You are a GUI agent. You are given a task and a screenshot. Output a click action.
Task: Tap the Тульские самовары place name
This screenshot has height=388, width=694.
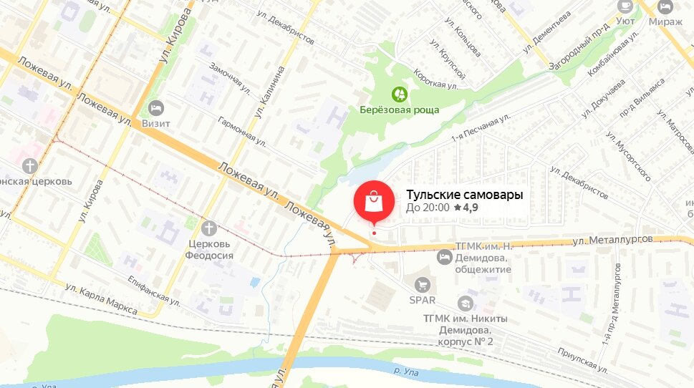(x=465, y=194)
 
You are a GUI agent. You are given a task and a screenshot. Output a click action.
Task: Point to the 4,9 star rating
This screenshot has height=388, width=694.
(x=466, y=208)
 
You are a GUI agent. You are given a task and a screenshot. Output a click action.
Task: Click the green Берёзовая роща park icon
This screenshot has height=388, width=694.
(x=400, y=94)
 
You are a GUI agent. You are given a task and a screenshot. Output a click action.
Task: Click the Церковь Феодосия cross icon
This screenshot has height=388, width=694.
(x=208, y=228)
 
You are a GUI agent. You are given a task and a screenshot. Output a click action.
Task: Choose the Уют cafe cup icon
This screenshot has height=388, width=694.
(x=625, y=6)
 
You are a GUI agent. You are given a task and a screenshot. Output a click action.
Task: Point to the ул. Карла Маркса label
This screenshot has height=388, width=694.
(x=101, y=299)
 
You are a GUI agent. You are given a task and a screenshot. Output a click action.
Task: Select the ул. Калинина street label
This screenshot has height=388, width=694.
(x=269, y=92)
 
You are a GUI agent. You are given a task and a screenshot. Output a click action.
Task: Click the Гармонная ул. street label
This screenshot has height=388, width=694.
(x=242, y=130)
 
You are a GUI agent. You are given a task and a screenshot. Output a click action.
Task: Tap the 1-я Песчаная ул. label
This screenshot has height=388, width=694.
(x=481, y=127)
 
